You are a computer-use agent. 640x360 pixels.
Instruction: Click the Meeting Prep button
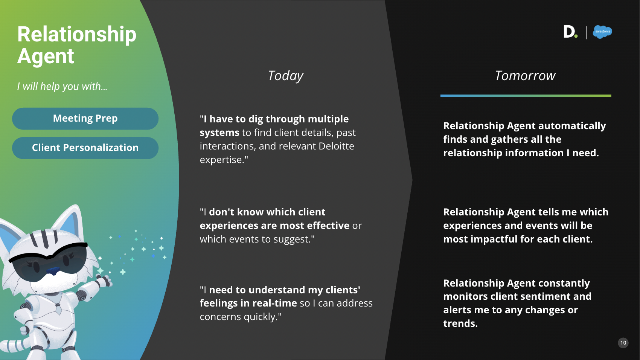[85, 119]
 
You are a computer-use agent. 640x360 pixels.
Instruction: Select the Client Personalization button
[85, 148]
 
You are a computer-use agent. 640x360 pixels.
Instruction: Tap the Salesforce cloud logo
[602, 32]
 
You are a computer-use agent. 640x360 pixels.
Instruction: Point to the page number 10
[623, 343]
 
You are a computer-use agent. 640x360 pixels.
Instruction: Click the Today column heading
[285, 76]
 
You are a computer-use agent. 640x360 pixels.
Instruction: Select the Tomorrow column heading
[525, 76]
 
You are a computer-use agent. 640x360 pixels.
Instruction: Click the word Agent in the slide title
[46, 56]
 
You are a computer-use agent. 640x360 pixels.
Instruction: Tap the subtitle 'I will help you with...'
[62, 87]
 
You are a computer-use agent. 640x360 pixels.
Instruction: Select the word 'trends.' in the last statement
[460, 323]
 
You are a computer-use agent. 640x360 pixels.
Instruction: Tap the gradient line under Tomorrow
[526, 96]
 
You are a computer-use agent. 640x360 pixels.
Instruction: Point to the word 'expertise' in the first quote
[221, 160]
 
